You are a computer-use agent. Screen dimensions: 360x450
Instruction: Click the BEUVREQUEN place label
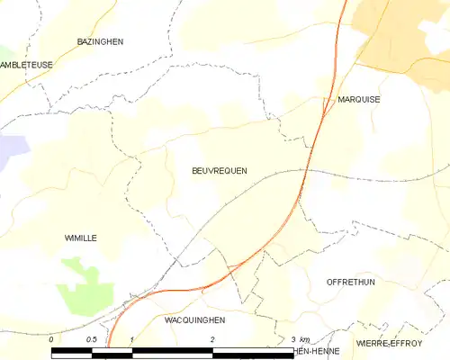pyautogui.click(x=220, y=170)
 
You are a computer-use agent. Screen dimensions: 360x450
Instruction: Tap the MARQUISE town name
pyautogui.click(x=358, y=100)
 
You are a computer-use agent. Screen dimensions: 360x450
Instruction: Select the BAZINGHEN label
pyautogui.click(x=100, y=42)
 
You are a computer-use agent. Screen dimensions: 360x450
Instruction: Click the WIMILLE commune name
pyautogui.click(x=81, y=238)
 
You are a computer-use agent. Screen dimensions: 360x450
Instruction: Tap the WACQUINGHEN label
pyautogui.click(x=195, y=319)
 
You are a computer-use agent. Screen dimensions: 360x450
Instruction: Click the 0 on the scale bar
pyautogui.click(x=52, y=338)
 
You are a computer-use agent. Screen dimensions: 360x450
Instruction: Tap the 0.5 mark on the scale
pyautogui.click(x=91, y=338)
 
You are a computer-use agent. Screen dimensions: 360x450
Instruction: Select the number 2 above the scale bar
pyautogui.click(x=212, y=338)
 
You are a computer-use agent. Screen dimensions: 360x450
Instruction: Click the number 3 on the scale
pyautogui.click(x=293, y=338)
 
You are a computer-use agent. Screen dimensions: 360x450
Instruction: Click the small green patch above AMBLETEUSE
pyautogui.click(x=4, y=52)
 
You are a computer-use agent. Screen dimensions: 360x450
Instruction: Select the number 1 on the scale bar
pyautogui.click(x=131, y=338)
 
